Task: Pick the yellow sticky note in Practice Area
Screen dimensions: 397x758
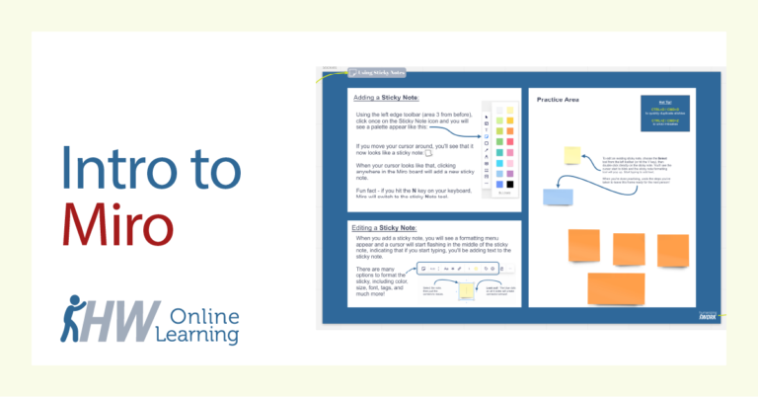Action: coord(571,154)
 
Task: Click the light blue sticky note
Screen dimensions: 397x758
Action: coord(558,196)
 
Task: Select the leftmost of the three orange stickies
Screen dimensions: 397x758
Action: coord(584,244)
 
